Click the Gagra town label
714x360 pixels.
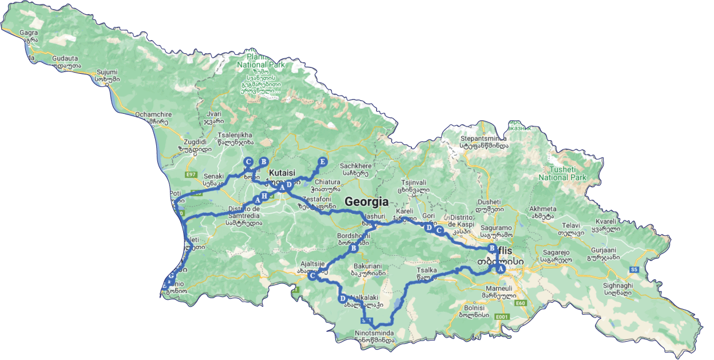click(x=28, y=33)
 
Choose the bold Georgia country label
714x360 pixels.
click(x=366, y=201)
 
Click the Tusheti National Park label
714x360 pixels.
click(x=562, y=173)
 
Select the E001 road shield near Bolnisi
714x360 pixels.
click(x=502, y=317)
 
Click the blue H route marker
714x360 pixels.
click(x=264, y=196)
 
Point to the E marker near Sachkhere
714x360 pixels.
click(x=322, y=162)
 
